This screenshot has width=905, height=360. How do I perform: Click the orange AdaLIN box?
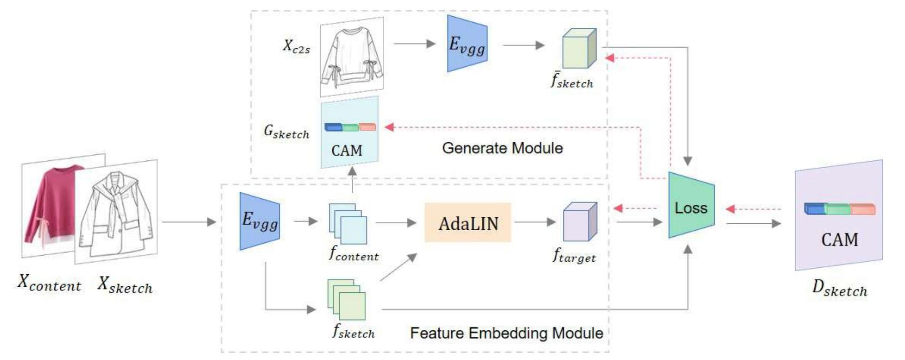[468, 223]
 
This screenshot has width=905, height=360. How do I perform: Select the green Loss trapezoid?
[691, 207]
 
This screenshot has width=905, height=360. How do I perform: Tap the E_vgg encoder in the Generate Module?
[467, 44]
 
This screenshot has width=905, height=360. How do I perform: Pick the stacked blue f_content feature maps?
[348, 224]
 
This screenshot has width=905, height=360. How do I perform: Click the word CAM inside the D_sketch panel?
[839, 240]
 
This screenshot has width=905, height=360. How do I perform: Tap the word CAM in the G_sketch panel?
[347, 151]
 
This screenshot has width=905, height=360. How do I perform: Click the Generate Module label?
[502, 148]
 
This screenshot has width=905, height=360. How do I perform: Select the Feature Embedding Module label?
[506, 333]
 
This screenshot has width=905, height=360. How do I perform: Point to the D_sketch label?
[839, 289]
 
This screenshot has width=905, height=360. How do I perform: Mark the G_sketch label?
[286, 132]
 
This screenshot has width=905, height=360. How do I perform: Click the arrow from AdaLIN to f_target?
[535, 222]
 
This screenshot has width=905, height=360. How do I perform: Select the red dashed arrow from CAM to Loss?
[753, 209]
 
